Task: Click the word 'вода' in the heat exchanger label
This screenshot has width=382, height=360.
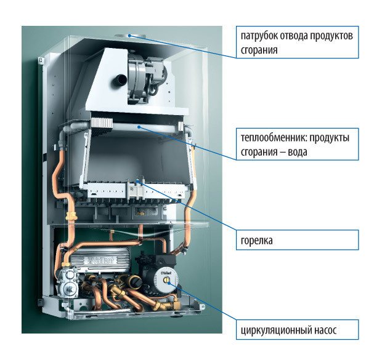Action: [x=298, y=151]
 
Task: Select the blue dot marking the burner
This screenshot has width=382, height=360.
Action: [x=137, y=182]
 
